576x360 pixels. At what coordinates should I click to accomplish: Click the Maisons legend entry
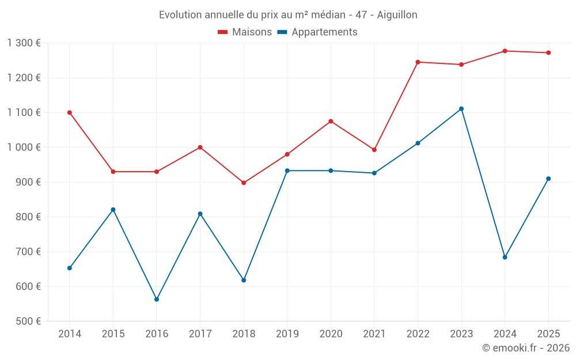point(245,32)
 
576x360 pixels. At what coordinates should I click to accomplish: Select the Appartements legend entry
point(317,32)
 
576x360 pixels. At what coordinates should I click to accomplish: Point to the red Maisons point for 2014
point(70,113)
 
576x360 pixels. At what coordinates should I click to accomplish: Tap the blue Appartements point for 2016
point(157,300)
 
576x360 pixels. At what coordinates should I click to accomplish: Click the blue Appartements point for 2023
point(461,109)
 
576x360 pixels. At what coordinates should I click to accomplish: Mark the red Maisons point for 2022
point(418,62)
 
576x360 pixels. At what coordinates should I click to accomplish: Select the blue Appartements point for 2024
point(505,257)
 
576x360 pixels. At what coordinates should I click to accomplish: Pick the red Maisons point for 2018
point(244,183)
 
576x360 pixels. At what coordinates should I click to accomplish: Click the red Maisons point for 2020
point(331,122)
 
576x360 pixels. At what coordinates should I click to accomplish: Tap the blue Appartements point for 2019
point(287,170)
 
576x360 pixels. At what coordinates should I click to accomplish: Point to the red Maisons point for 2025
point(548,53)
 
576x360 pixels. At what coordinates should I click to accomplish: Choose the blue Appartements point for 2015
point(113,210)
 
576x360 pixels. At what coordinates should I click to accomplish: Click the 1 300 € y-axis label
point(24,43)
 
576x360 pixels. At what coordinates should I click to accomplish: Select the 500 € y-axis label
point(28,321)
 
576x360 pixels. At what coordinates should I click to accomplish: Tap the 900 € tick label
point(28,182)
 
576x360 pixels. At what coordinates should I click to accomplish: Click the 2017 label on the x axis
point(200,334)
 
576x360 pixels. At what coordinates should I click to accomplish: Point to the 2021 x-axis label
point(374,334)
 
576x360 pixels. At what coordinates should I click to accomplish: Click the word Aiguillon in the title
point(397,15)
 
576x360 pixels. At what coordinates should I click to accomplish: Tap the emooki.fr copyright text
point(525,348)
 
